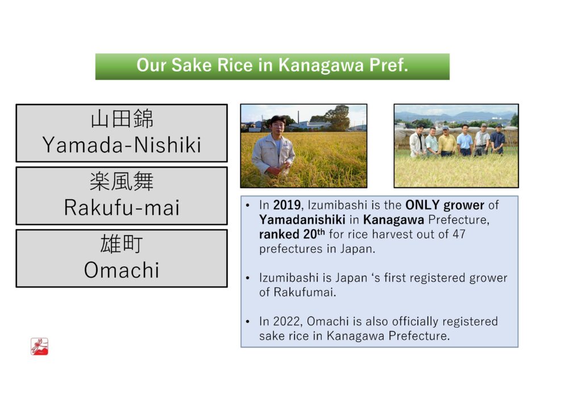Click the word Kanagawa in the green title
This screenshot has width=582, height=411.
coord(321,66)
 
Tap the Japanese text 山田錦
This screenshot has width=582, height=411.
coord(122,119)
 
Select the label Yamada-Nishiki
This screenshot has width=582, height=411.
coord(122,145)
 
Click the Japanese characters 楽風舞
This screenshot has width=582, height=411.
coord(122,182)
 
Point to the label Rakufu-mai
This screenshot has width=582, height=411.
coord(122,208)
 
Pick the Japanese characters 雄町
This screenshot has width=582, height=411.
coord(122,244)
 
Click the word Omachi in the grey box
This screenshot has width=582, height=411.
coord(122,270)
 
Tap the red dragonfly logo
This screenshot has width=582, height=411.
coord(39,346)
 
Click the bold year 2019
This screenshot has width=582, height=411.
coord(287,205)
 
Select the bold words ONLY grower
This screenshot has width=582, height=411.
coord(444,205)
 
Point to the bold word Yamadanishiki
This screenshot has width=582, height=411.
coord(302,220)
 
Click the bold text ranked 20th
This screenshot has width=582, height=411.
coord(292,234)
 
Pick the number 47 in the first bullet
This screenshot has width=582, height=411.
coord(459,234)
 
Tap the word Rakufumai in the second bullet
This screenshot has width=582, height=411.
coord(305,292)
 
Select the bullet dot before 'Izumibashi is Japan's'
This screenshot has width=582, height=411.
coord(248,278)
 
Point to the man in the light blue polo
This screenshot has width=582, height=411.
coord(465,140)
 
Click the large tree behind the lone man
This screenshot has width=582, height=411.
coord(336,117)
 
